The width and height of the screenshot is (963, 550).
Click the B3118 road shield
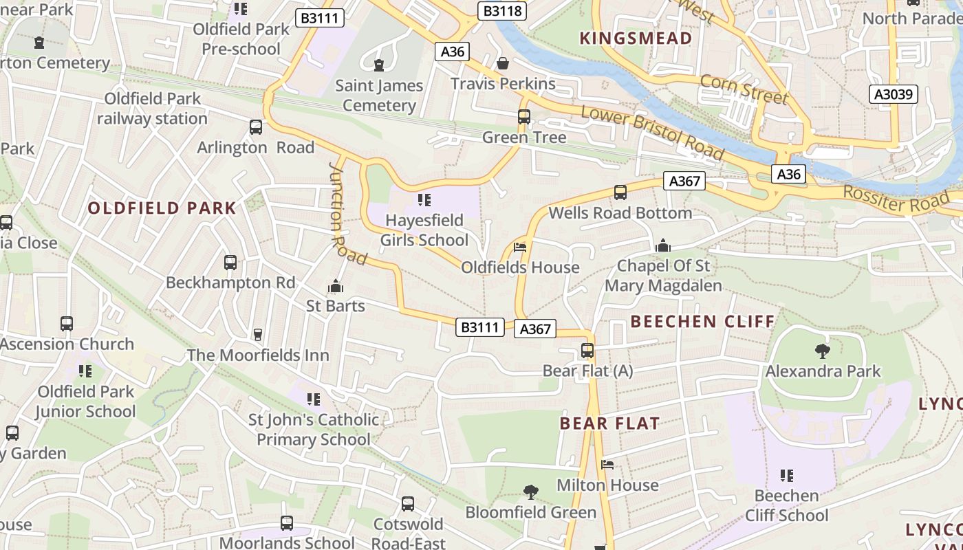(502, 11)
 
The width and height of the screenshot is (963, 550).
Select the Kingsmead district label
(636, 38)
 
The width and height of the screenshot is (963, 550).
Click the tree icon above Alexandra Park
(822, 351)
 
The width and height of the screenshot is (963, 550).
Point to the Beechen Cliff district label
(702, 322)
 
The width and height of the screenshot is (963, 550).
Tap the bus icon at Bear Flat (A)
(587, 351)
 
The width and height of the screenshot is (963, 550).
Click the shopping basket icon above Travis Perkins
(503, 63)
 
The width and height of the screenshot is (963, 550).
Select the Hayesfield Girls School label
(424, 230)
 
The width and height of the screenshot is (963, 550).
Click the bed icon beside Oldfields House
(520, 247)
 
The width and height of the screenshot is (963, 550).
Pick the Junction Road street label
(347, 214)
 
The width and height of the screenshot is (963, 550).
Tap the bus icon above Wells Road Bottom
(620, 192)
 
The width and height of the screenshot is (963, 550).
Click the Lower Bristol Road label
(652, 132)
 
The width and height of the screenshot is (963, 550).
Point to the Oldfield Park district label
(162, 208)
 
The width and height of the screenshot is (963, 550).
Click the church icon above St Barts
(336, 286)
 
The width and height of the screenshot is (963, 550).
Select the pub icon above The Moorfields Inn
(258, 335)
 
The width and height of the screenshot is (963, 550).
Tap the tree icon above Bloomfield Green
(530, 492)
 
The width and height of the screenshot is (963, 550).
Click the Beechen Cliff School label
(787, 505)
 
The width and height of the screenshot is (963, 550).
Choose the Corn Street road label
(744, 89)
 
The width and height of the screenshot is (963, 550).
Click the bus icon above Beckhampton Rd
(230, 263)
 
